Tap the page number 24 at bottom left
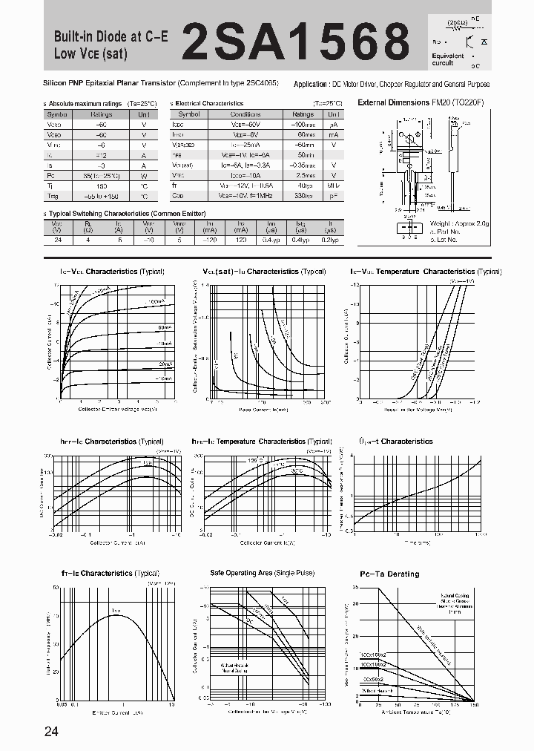tap(51, 732)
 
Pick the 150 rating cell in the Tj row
tap(102, 186)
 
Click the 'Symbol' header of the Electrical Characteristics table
tap(189, 114)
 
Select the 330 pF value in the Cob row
tap(303, 196)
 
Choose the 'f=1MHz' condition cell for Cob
tap(245, 196)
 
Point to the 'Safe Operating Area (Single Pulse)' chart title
tap(262, 573)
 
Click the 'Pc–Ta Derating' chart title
tap(389, 574)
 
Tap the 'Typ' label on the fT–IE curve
tap(116, 611)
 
